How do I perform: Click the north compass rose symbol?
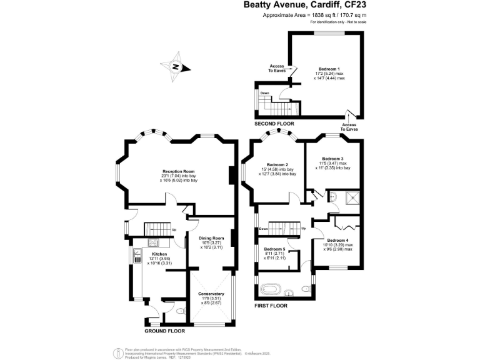coord(176,67)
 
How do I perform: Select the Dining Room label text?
coord(211,238)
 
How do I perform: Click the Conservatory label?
coord(211,294)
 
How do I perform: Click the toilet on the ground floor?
coord(180,311)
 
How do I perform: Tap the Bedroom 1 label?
coord(329,69)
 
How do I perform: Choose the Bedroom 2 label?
coord(276,164)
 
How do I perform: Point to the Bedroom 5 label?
coord(274,248)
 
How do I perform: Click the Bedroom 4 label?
coord(338,240)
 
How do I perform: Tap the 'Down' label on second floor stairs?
coord(265,93)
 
